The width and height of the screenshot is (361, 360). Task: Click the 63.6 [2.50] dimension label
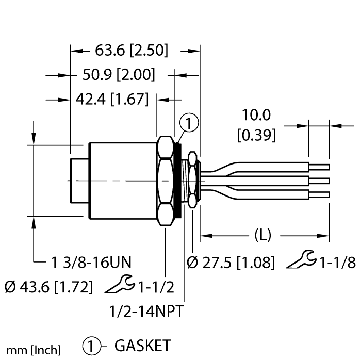132,51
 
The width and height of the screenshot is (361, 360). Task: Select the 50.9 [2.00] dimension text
119,75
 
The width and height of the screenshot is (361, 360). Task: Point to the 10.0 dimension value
256,115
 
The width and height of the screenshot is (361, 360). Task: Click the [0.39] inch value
256,135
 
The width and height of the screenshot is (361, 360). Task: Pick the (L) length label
263,236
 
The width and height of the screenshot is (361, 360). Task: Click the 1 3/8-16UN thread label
91,263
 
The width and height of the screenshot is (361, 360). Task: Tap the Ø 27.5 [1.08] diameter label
230,263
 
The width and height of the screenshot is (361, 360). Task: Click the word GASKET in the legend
142,345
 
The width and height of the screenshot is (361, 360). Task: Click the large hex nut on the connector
165,181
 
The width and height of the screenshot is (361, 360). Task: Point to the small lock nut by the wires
193,179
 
